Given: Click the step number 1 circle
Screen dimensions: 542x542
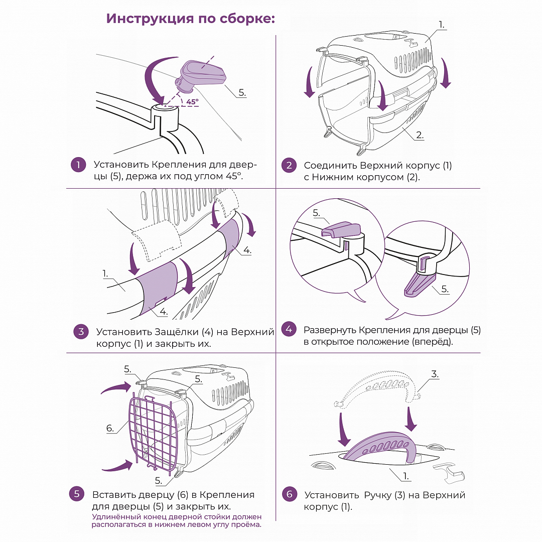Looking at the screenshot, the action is [x=78, y=165].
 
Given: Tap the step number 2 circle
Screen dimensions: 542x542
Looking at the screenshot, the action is [x=289, y=166].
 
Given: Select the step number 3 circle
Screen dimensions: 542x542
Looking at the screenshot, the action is [x=80, y=332].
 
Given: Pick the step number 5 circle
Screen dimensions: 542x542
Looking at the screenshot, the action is [x=76, y=494].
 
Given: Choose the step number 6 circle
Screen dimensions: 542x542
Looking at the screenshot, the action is [x=289, y=494].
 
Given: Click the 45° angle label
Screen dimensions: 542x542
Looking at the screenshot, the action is [x=192, y=101].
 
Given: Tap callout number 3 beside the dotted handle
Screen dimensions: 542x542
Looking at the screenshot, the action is [x=435, y=374].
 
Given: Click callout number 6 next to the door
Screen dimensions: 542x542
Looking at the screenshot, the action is [x=110, y=428].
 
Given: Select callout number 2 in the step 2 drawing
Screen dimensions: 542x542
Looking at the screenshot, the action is [x=420, y=135].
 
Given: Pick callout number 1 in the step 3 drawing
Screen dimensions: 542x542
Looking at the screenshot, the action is [x=105, y=274].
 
